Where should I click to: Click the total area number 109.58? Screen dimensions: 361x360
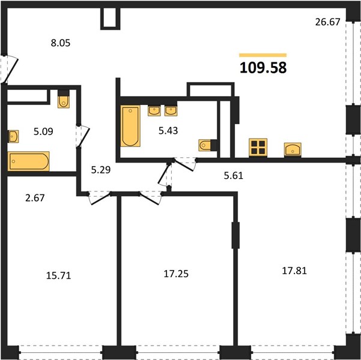click(x=263, y=68)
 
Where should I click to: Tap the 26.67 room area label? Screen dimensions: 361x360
click(x=327, y=22)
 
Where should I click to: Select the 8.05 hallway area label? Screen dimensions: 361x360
click(x=61, y=43)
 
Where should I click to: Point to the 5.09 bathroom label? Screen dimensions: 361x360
click(x=43, y=131)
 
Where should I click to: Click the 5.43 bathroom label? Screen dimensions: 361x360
click(x=168, y=131)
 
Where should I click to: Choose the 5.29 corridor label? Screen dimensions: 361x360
click(x=101, y=170)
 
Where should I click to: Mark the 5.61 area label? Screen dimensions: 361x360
click(x=234, y=176)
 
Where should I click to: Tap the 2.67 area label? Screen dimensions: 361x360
click(x=35, y=198)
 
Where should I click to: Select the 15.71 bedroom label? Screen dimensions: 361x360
click(x=59, y=275)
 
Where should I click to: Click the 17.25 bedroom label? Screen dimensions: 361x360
click(x=176, y=274)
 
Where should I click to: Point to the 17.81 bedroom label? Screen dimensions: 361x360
click(x=294, y=271)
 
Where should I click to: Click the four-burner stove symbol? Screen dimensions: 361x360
click(x=258, y=148)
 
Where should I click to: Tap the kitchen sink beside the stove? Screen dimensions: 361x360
click(x=293, y=149)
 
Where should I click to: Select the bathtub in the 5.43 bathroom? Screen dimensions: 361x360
click(x=130, y=126)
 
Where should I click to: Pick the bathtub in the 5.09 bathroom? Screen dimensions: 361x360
click(x=29, y=161)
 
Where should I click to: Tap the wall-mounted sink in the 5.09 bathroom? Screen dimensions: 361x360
click(x=13, y=136)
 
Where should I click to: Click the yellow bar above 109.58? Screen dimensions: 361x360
click(x=263, y=55)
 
